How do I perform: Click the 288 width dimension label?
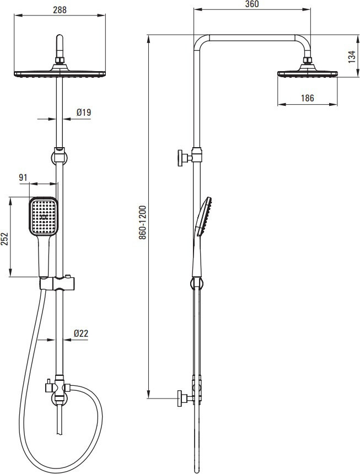(60, 10)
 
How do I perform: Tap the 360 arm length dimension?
(252, 4)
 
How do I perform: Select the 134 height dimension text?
(352, 57)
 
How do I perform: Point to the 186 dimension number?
(308, 98)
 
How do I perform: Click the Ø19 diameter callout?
(84, 112)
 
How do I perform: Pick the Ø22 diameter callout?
(81, 333)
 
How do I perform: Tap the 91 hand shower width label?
(23, 177)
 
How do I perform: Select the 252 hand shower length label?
(4, 239)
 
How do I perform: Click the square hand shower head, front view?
(44, 216)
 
